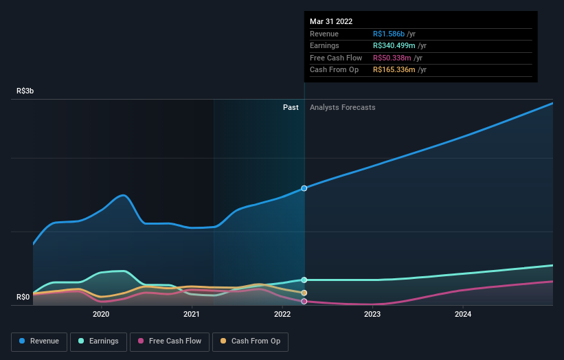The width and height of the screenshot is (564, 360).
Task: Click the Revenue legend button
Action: point(39,341)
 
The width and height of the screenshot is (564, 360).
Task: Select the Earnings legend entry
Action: point(98,341)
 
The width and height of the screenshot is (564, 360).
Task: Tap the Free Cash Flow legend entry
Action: point(170,341)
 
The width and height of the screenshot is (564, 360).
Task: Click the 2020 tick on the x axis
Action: point(101,315)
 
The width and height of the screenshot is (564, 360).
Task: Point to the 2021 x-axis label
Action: point(192,315)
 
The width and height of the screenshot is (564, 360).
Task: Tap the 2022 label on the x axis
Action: point(282,315)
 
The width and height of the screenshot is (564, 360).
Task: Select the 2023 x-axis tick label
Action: point(372,315)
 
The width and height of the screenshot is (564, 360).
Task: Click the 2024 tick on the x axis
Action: point(463,315)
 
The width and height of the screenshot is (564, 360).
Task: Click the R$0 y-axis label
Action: point(23,297)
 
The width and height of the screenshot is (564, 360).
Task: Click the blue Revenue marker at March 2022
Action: point(304,188)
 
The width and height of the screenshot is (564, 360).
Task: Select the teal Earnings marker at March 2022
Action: point(304,280)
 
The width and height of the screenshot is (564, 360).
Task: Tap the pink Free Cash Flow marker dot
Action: point(304,301)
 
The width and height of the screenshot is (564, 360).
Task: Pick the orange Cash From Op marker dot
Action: point(304,293)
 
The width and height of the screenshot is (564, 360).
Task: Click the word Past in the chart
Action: point(291,107)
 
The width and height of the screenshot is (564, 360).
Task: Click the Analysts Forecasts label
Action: point(342,107)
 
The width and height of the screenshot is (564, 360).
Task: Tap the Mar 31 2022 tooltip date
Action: point(331,21)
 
